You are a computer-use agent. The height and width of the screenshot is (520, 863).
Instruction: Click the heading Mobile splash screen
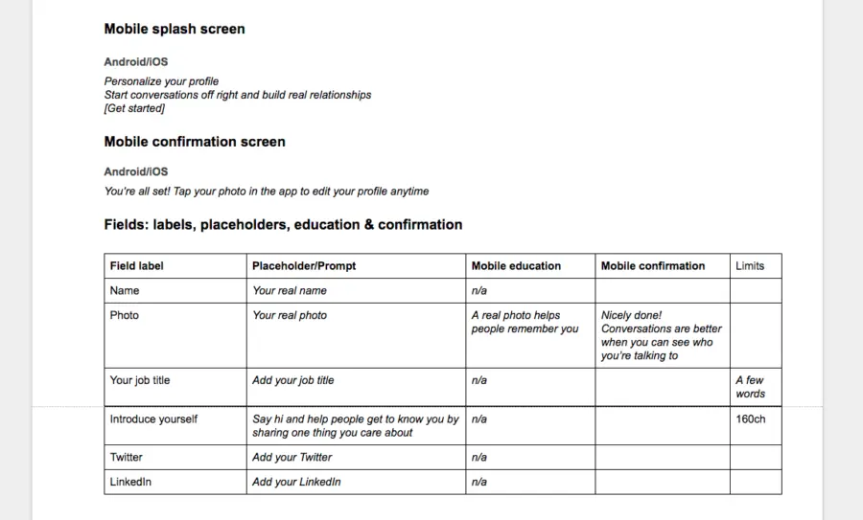click(x=175, y=29)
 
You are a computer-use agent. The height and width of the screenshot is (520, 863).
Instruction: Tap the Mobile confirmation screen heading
click(x=195, y=142)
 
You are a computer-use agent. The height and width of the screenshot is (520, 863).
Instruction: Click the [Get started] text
click(x=134, y=108)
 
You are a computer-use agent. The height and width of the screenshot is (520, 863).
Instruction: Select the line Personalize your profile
click(x=161, y=81)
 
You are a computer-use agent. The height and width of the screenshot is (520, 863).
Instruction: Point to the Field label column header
click(x=136, y=266)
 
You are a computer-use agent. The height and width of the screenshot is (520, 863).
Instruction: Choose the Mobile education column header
click(x=516, y=266)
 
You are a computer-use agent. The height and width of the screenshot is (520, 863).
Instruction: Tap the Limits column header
click(x=750, y=266)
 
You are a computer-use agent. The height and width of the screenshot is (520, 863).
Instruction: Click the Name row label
click(x=125, y=291)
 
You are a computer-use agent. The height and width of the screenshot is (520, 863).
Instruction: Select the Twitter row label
click(x=127, y=458)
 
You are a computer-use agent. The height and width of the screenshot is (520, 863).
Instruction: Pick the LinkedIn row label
click(x=130, y=482)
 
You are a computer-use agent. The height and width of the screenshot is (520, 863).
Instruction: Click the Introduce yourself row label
click(x=153, y=419)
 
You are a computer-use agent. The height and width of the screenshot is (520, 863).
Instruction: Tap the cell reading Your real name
click(x=290, y=291)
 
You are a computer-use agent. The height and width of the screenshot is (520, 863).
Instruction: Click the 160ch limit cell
click(x=751, y=419)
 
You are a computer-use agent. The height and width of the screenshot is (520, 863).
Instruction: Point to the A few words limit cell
click(x=750, y=387)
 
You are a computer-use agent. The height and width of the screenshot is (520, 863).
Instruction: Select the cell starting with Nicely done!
click(x=661, y=335)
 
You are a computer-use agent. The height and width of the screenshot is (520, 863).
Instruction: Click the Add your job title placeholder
click(x=293, y=380)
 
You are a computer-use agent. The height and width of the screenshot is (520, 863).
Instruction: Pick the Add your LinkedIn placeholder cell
click(x=296, y=482)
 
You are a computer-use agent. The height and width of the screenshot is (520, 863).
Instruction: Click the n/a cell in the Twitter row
click(x=478, y=458)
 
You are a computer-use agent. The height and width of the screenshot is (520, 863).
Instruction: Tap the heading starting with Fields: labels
click(x=283, y=225)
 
